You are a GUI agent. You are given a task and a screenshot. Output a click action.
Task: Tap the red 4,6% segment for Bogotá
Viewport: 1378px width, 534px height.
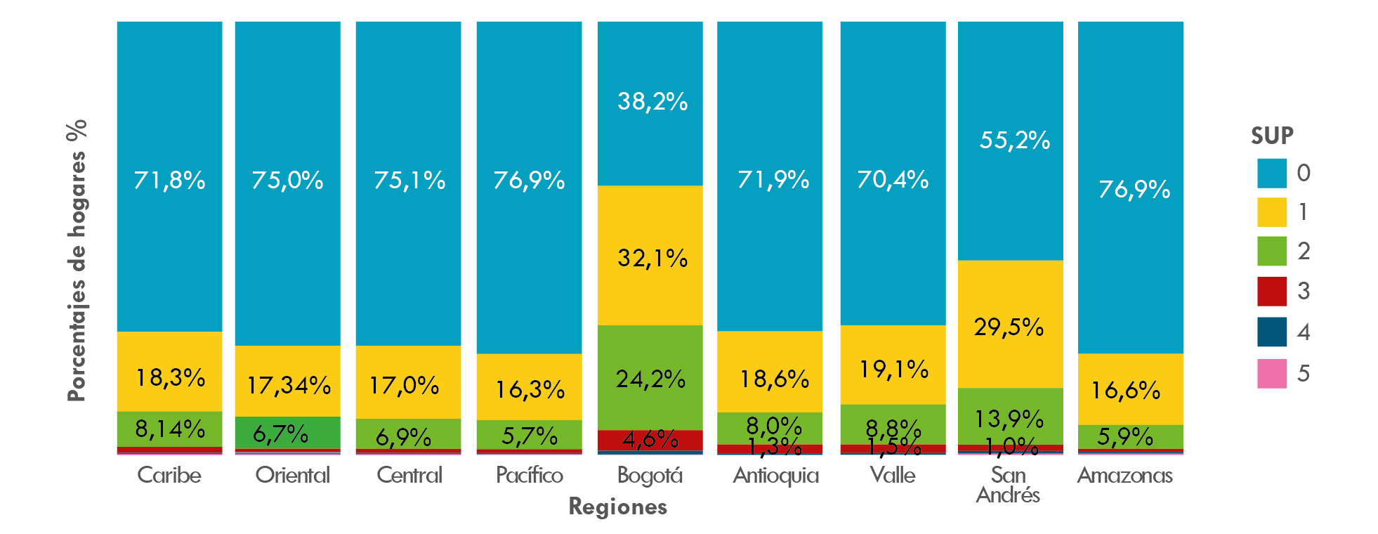(650, 440)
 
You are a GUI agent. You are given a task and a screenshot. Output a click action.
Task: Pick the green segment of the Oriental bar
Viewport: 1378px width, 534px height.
(287, 433)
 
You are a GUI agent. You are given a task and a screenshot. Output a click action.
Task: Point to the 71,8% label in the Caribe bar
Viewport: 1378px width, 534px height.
(169, 181)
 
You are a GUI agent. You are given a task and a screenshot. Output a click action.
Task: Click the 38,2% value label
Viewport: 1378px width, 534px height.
(652, 102)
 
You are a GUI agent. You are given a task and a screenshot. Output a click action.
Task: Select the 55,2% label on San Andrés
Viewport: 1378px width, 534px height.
(1014, 141)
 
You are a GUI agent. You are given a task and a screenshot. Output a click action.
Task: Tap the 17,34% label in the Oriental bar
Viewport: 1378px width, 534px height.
(289, 385)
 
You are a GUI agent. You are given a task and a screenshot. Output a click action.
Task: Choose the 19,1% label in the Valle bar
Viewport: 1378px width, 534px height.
(893, 369)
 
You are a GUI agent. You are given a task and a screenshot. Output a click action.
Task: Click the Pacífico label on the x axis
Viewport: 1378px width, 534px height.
(530, 476)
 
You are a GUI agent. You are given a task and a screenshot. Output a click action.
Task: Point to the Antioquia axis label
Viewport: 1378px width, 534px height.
(775, 476)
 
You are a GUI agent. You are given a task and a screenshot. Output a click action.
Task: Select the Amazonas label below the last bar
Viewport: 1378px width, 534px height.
(1124, 476)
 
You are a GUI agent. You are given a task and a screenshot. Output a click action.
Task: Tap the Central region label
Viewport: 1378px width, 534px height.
(409, 476)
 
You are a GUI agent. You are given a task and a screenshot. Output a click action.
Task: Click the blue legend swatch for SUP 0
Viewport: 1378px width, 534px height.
(1271, 174)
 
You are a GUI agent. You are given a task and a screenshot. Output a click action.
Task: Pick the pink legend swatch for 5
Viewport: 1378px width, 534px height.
(1271, 373)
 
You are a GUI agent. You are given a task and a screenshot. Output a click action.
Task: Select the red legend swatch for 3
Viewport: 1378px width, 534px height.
(1271, 292)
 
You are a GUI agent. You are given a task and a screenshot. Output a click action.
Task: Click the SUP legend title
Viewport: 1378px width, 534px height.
(1271, 136)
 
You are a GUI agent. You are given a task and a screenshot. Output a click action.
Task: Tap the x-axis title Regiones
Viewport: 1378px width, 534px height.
(617, 507)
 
